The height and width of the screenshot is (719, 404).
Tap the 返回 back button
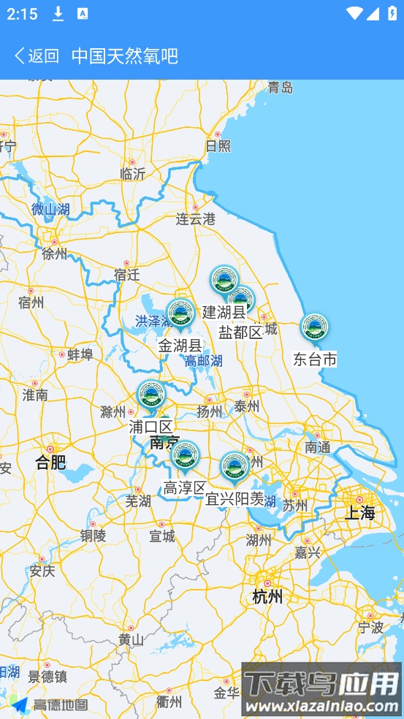pos(37,56)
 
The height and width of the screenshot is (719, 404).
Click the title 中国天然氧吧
pos(125,56)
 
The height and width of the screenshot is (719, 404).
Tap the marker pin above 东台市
pos(315,328)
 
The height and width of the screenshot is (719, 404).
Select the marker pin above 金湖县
pos(180,314)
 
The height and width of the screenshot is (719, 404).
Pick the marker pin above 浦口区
pos(151,395)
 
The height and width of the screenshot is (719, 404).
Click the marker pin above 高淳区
pos(185,454)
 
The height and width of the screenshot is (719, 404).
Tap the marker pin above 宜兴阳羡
pos(234,466)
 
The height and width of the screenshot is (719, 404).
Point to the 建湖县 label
pos(224,312)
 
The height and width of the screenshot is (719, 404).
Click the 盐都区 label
pos(240,332)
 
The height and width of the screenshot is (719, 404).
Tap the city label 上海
pos(359,512)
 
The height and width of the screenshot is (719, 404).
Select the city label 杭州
pos(267,596)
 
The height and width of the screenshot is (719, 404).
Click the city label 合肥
pos(50,462)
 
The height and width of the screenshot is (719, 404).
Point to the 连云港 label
pos(196,218)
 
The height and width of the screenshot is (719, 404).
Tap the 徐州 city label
pos(55,254)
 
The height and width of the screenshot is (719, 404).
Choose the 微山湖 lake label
pos(50,210)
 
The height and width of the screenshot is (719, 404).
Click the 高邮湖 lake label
pos(203,361)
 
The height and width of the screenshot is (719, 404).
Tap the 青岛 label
pos(280,88)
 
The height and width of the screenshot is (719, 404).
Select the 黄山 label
pos(131,639)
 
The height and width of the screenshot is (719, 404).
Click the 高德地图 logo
pos(50,704)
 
